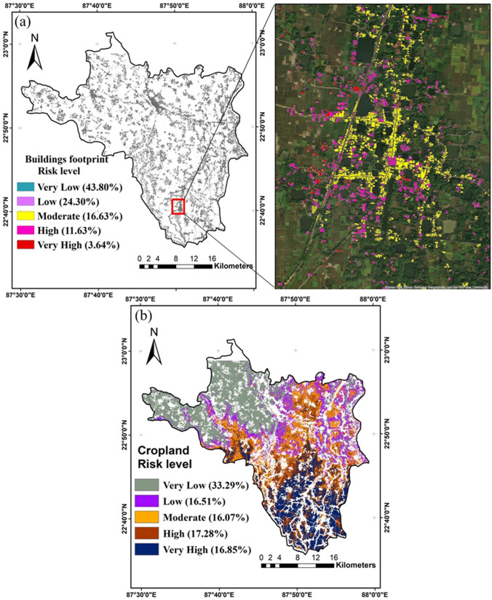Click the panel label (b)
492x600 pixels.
pos(143,317)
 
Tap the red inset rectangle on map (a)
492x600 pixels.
pos(178,206)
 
